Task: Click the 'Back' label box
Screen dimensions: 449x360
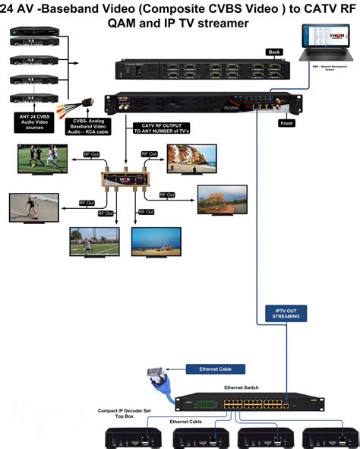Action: [275, 52]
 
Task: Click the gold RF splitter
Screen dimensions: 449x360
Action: [125, 179]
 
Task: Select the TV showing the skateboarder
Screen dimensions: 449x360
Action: [33, 207]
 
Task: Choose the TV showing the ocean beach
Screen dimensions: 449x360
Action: [156, 241]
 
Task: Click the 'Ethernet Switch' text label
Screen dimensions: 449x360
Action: [241, 387]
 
